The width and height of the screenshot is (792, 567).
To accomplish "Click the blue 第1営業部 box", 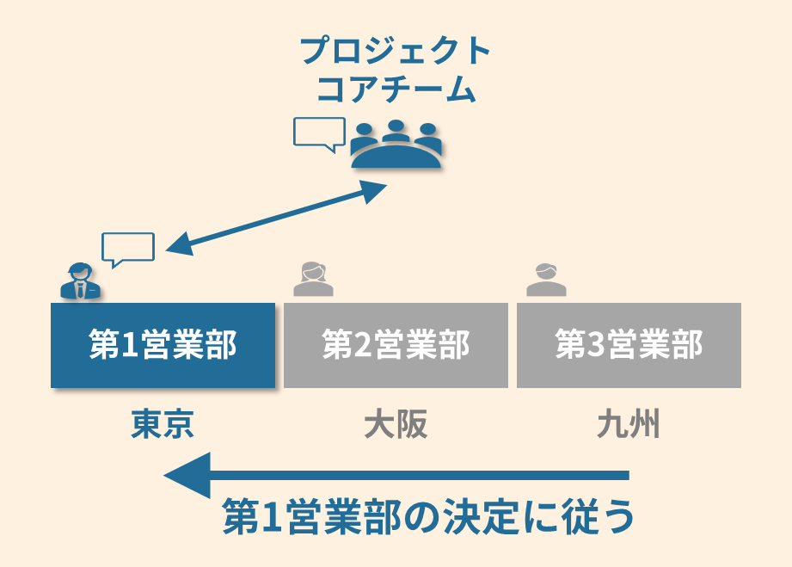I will (163, 345).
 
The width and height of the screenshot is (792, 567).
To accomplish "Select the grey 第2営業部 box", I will (396, 345).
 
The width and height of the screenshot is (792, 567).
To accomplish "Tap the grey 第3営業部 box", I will (629, 345).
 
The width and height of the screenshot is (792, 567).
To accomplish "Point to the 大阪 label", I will (396, 424).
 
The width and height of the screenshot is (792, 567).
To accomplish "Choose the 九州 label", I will (629, 424).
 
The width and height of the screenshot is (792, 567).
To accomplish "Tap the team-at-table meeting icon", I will (396, 145).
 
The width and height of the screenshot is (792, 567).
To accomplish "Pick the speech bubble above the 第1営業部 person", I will (128, 248).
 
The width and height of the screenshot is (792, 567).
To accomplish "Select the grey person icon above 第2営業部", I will (312, 279).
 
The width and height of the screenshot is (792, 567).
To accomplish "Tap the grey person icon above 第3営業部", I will (546, 279).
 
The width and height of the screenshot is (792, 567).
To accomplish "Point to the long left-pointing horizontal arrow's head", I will (185, 475).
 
